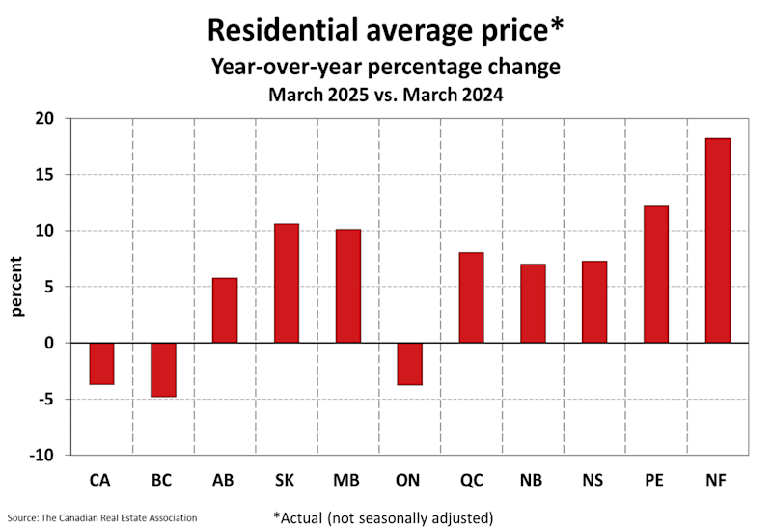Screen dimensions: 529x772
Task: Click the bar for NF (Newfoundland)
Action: (717, 240)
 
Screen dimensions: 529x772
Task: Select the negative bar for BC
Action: (163, 369)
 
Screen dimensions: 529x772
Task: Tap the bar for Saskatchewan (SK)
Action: (287, 283)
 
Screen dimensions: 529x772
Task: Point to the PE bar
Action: (656, 274)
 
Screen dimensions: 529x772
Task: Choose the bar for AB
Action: (225, 310)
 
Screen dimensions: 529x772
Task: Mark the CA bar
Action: (101, 363)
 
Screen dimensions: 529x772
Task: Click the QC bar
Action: (471, 297)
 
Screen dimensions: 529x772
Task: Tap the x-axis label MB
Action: (347, 479)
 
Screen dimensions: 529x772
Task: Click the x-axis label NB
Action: (532, 479)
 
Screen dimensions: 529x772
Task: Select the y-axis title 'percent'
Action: (18, 287)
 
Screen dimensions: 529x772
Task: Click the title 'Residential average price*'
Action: (385, 30)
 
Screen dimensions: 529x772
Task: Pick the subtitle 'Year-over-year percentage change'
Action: (385, 68)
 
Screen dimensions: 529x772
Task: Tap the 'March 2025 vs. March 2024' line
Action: (385, 96)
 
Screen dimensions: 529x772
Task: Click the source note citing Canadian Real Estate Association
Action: (103, 517)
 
